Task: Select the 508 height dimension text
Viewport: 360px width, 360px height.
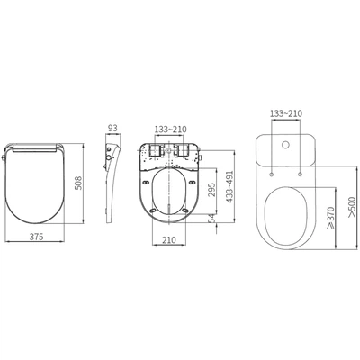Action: point(78,183)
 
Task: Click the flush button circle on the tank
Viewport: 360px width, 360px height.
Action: point(283,146)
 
